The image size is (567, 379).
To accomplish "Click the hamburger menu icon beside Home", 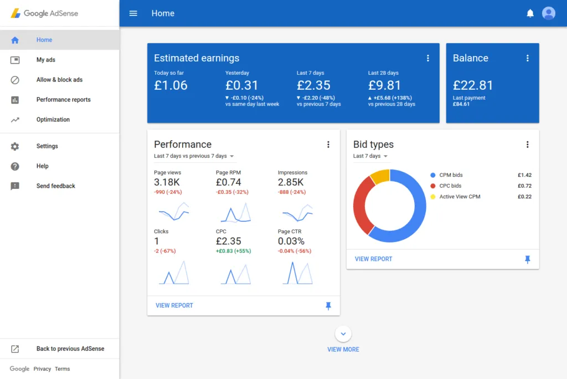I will click(133, 13).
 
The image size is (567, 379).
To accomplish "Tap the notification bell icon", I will click(530, 13).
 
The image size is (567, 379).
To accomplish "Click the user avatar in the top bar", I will click(548, 13).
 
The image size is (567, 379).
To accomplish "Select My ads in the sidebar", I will click(46, 60).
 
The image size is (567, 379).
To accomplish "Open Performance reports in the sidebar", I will click(63, 100).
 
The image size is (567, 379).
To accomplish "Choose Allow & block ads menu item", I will click(59, 80).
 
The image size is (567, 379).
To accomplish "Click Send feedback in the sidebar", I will click(55, 186).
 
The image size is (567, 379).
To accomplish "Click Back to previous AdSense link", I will click(70, 349).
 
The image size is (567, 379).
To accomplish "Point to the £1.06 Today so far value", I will click(171, 85).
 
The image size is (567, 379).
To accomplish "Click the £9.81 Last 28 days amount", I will click(384, 85).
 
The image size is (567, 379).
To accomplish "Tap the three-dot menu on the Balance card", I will click(527, 58).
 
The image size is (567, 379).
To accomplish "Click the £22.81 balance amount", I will click(472, 85).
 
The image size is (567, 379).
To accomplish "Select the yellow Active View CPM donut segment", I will click(380, 177).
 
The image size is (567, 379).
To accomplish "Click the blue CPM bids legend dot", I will click(432, 175).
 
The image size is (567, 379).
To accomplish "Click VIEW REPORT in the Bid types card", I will click(373, 259).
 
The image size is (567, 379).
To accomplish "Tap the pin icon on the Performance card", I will click(328, 306).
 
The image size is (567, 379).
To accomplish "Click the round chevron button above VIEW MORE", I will click(343, 334).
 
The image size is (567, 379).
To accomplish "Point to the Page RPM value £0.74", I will click(228, 182).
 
